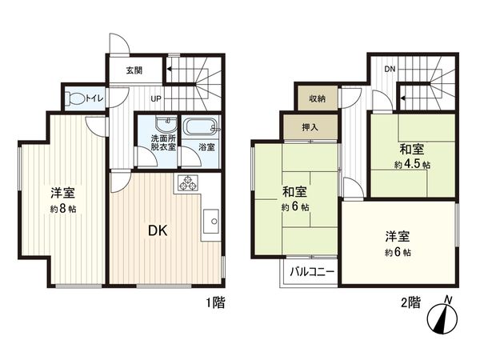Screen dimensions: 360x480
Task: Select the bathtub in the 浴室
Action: (200, 127)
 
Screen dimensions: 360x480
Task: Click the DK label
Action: (157, 231)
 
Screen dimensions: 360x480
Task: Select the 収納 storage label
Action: (317, 98)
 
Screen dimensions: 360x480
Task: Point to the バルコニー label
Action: (307, 271)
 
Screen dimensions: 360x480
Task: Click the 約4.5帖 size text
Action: (412, 165)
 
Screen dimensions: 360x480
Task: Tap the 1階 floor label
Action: (213, 302)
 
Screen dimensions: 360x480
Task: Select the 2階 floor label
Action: (410, 302)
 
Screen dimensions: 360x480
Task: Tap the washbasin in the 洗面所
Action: (166, 126)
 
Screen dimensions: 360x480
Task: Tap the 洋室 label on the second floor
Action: (397, 236)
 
